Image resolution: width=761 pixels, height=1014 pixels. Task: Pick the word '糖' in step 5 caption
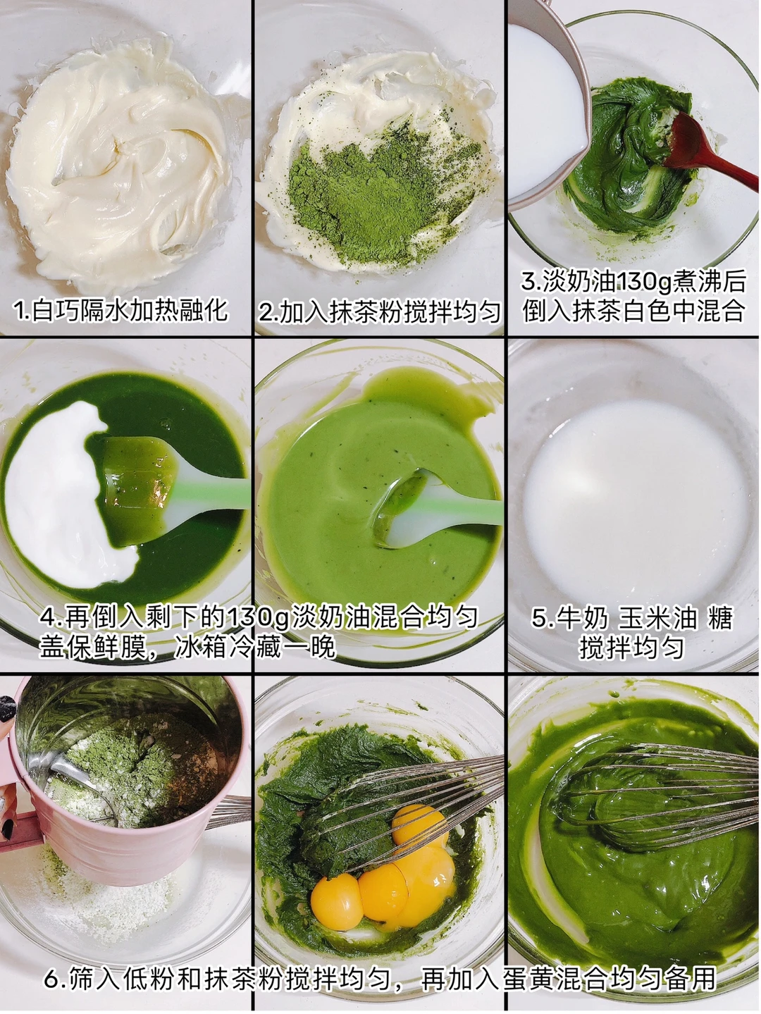click(720, 619)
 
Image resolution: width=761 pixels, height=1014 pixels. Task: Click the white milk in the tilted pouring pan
click(545, 116)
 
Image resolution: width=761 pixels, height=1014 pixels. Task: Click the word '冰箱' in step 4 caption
click(200, 647)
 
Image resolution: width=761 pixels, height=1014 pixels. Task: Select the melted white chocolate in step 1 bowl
click(118, 161)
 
